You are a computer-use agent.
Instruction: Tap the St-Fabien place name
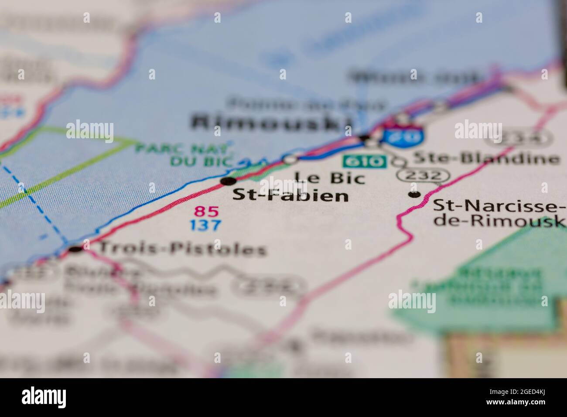tap(290, 195)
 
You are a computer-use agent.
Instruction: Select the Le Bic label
tap(330, 177)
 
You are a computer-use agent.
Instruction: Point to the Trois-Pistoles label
tap(183, 249)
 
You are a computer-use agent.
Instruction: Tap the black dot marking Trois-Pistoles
tap(76, 249)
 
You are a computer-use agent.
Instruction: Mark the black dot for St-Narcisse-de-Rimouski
tap(414, 194)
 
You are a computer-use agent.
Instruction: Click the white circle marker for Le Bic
tap(290, 160)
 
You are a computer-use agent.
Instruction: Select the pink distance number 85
tap(206, 212)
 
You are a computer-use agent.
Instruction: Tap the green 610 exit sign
tap(364, 162)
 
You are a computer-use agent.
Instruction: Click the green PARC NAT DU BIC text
tap(183, 154)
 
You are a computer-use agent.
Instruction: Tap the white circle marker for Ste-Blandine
tap(398, 161)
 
